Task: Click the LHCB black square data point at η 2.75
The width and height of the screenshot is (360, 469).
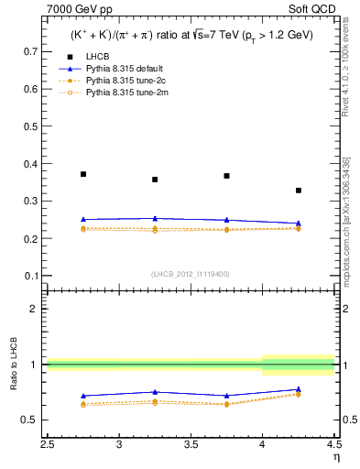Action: [83, 174]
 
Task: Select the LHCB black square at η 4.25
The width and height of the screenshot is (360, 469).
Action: [299, 191]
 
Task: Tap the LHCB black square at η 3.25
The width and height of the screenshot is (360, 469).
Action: [155, 180]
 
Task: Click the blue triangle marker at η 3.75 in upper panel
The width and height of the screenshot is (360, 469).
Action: [227, 220]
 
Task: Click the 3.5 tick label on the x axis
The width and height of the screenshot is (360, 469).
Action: [191, 446]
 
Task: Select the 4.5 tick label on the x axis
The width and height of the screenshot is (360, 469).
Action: [333, 446]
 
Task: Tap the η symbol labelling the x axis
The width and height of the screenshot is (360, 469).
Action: [336, 457]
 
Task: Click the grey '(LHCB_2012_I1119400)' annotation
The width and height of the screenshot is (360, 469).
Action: [191, 274]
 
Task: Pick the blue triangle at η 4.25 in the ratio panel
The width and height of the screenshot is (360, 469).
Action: [299, 389]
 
